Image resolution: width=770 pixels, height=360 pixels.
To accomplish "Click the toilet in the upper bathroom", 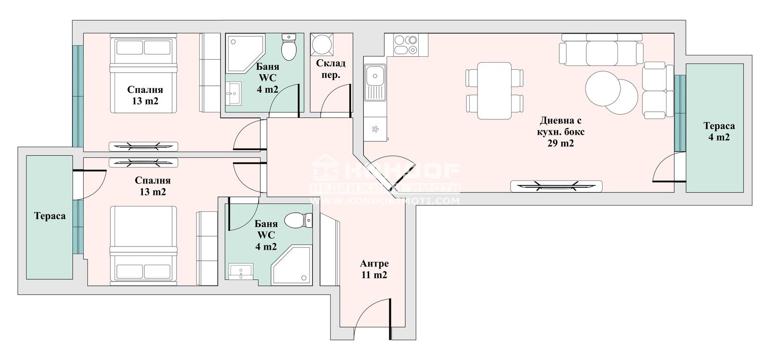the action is coord(289,47).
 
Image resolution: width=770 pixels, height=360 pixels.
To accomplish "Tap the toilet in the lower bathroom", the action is coord(298,220).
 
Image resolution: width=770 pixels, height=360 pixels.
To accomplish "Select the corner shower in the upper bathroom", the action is coord(245,53).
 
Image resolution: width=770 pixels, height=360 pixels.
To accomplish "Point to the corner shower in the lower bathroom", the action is coord(292,265).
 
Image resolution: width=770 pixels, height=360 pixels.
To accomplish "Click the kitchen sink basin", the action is coord(375,82).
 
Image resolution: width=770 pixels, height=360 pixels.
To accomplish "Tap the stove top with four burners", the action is coord(406,45).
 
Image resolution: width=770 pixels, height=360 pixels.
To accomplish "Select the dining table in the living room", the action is coord(494,91).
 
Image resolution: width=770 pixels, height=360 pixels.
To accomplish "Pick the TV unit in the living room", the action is coord(556,186).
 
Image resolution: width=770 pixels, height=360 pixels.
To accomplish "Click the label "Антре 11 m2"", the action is coord(374,269).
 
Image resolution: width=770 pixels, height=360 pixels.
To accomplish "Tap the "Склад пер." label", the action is coord(331,69).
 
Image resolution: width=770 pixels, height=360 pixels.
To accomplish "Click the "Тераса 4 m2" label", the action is coord(719,131).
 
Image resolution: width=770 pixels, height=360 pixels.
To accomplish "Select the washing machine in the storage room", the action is coord(322,44).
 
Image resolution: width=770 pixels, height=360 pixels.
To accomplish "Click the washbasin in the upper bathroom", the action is coord(233,93).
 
